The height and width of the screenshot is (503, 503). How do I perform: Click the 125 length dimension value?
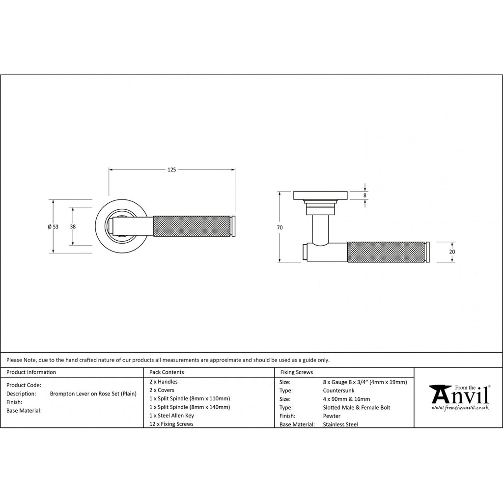pos(171,169)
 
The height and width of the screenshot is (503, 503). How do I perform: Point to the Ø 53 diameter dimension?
pos(53,226)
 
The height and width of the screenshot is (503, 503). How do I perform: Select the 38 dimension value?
pos(73,226)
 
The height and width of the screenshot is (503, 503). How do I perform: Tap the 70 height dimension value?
pos(279,227)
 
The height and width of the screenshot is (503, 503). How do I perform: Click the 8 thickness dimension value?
pos(365,196)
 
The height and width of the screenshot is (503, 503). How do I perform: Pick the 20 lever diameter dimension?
pos(452,252)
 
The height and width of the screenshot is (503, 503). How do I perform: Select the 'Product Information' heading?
pos(31,372)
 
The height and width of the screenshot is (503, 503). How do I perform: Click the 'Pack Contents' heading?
pos(167,372)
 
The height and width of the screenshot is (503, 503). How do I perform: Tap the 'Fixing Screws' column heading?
pos(296,372)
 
